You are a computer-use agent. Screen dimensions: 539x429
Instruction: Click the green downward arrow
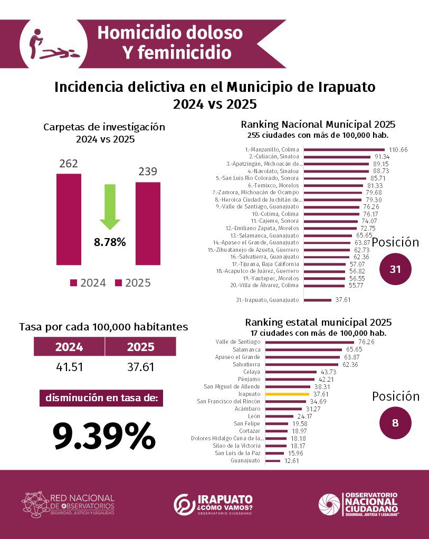(x=110, y=206)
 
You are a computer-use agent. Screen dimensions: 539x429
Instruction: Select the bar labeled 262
(x=69, y=219)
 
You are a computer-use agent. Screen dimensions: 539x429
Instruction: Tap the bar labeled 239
(x=148, y=223)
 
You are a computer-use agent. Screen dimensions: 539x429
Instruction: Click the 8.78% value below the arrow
(x=110, y=242)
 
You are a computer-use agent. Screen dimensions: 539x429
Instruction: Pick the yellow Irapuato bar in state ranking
(x=287, y=394)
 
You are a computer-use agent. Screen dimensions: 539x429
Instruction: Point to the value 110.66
(x=398, y=150)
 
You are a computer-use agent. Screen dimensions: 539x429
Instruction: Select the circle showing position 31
(x=396, y=269)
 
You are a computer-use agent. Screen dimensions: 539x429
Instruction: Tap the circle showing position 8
(x=396, y=422)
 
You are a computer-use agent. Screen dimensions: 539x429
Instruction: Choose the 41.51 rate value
(x=70, y=366)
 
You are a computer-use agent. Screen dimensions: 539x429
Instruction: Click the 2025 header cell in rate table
(x=140, y=347)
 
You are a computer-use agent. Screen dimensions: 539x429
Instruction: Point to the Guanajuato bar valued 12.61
(x=273, y=460)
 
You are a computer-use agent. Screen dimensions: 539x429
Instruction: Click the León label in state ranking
(x=254, y=416)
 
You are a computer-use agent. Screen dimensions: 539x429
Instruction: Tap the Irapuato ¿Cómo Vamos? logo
(x=214, y=504)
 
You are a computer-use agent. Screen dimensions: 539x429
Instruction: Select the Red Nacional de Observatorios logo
(x=68, y=504)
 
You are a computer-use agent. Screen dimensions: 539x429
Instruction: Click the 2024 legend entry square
(x=74, y=283)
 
